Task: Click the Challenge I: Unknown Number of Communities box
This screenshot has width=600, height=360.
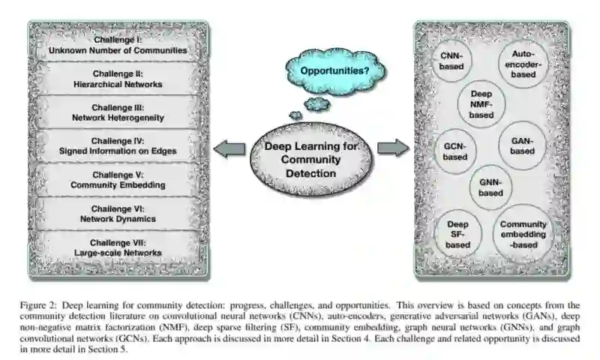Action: (x=117, y=45)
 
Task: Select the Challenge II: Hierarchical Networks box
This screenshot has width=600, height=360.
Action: (x=117, y=79)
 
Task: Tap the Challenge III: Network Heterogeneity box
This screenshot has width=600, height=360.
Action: (x=117, y=112)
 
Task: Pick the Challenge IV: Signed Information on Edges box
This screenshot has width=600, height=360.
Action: (x=117, y=146)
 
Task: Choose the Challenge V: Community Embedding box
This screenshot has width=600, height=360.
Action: (x=117, y=179)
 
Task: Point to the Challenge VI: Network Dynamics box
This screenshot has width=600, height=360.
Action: (x=117, y=213)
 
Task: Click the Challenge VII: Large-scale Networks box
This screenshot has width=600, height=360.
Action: (x=117, y=247)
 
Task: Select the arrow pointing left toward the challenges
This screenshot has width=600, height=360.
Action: (x=229, y=148)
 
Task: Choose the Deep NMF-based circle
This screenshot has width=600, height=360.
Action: (x=481, y=104)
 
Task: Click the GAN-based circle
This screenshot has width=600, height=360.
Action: (x=522, y=146)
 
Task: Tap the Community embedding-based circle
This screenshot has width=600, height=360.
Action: (x=523, y=233)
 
